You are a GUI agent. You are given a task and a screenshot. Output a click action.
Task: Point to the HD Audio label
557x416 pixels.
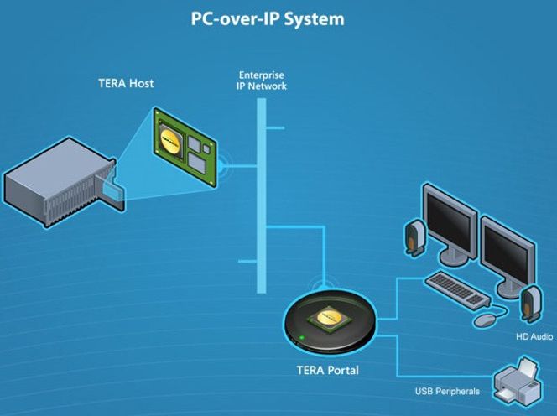coord(534,337)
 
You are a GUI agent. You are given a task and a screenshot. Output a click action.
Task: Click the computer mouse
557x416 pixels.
coord(485,320)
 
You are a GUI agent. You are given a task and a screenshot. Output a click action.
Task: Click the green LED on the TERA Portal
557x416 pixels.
coord(301,339)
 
